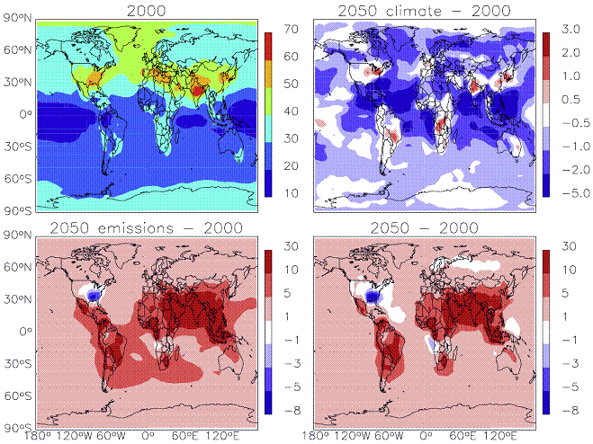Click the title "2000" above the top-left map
[x=147, y=11]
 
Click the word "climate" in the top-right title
[x=414, y=11]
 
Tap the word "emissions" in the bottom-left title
[x=135, y=228]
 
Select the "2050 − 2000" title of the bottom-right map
[x=424, y=228]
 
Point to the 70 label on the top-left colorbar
[x=291, y=29]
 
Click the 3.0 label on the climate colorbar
[x=571, y=29]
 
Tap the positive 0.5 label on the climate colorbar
[x=571, y=100]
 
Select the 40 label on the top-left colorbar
[x=291, y=111]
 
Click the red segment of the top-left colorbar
[x=268, y=47]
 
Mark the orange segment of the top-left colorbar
[x=268, y=74]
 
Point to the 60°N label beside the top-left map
[x=18, y=49]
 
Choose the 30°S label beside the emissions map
[x=18, y=363]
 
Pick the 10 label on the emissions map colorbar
[x=292, y=270]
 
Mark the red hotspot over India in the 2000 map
[x=198, y=90]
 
